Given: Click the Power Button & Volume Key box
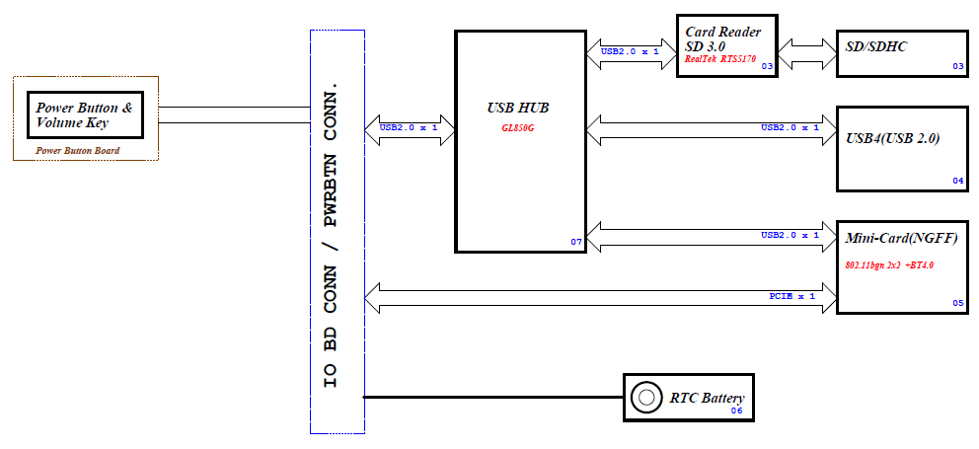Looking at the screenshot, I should click(85, 115).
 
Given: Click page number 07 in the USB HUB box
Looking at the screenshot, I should click(576, 242).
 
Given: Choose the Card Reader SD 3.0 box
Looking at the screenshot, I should click(725, 45).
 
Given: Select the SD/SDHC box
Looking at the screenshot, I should click(902, 53).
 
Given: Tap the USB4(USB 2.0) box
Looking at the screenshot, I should click(902, 148).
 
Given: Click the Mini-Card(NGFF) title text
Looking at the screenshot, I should click(902, 238).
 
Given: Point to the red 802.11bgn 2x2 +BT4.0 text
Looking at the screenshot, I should click(889, 265).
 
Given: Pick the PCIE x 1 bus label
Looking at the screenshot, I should click(791, 295).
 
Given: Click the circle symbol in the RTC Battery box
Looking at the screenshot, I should click(646, 398).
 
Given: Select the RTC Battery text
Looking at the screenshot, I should click(707, 399).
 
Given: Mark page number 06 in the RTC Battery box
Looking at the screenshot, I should click(736, 411).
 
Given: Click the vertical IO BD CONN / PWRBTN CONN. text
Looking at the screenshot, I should click(335, 232).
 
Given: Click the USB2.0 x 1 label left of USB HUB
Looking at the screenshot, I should click(409, 127).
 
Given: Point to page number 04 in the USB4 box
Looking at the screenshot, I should click(957, 181).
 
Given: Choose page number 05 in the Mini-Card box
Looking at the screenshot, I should click(957, 302).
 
